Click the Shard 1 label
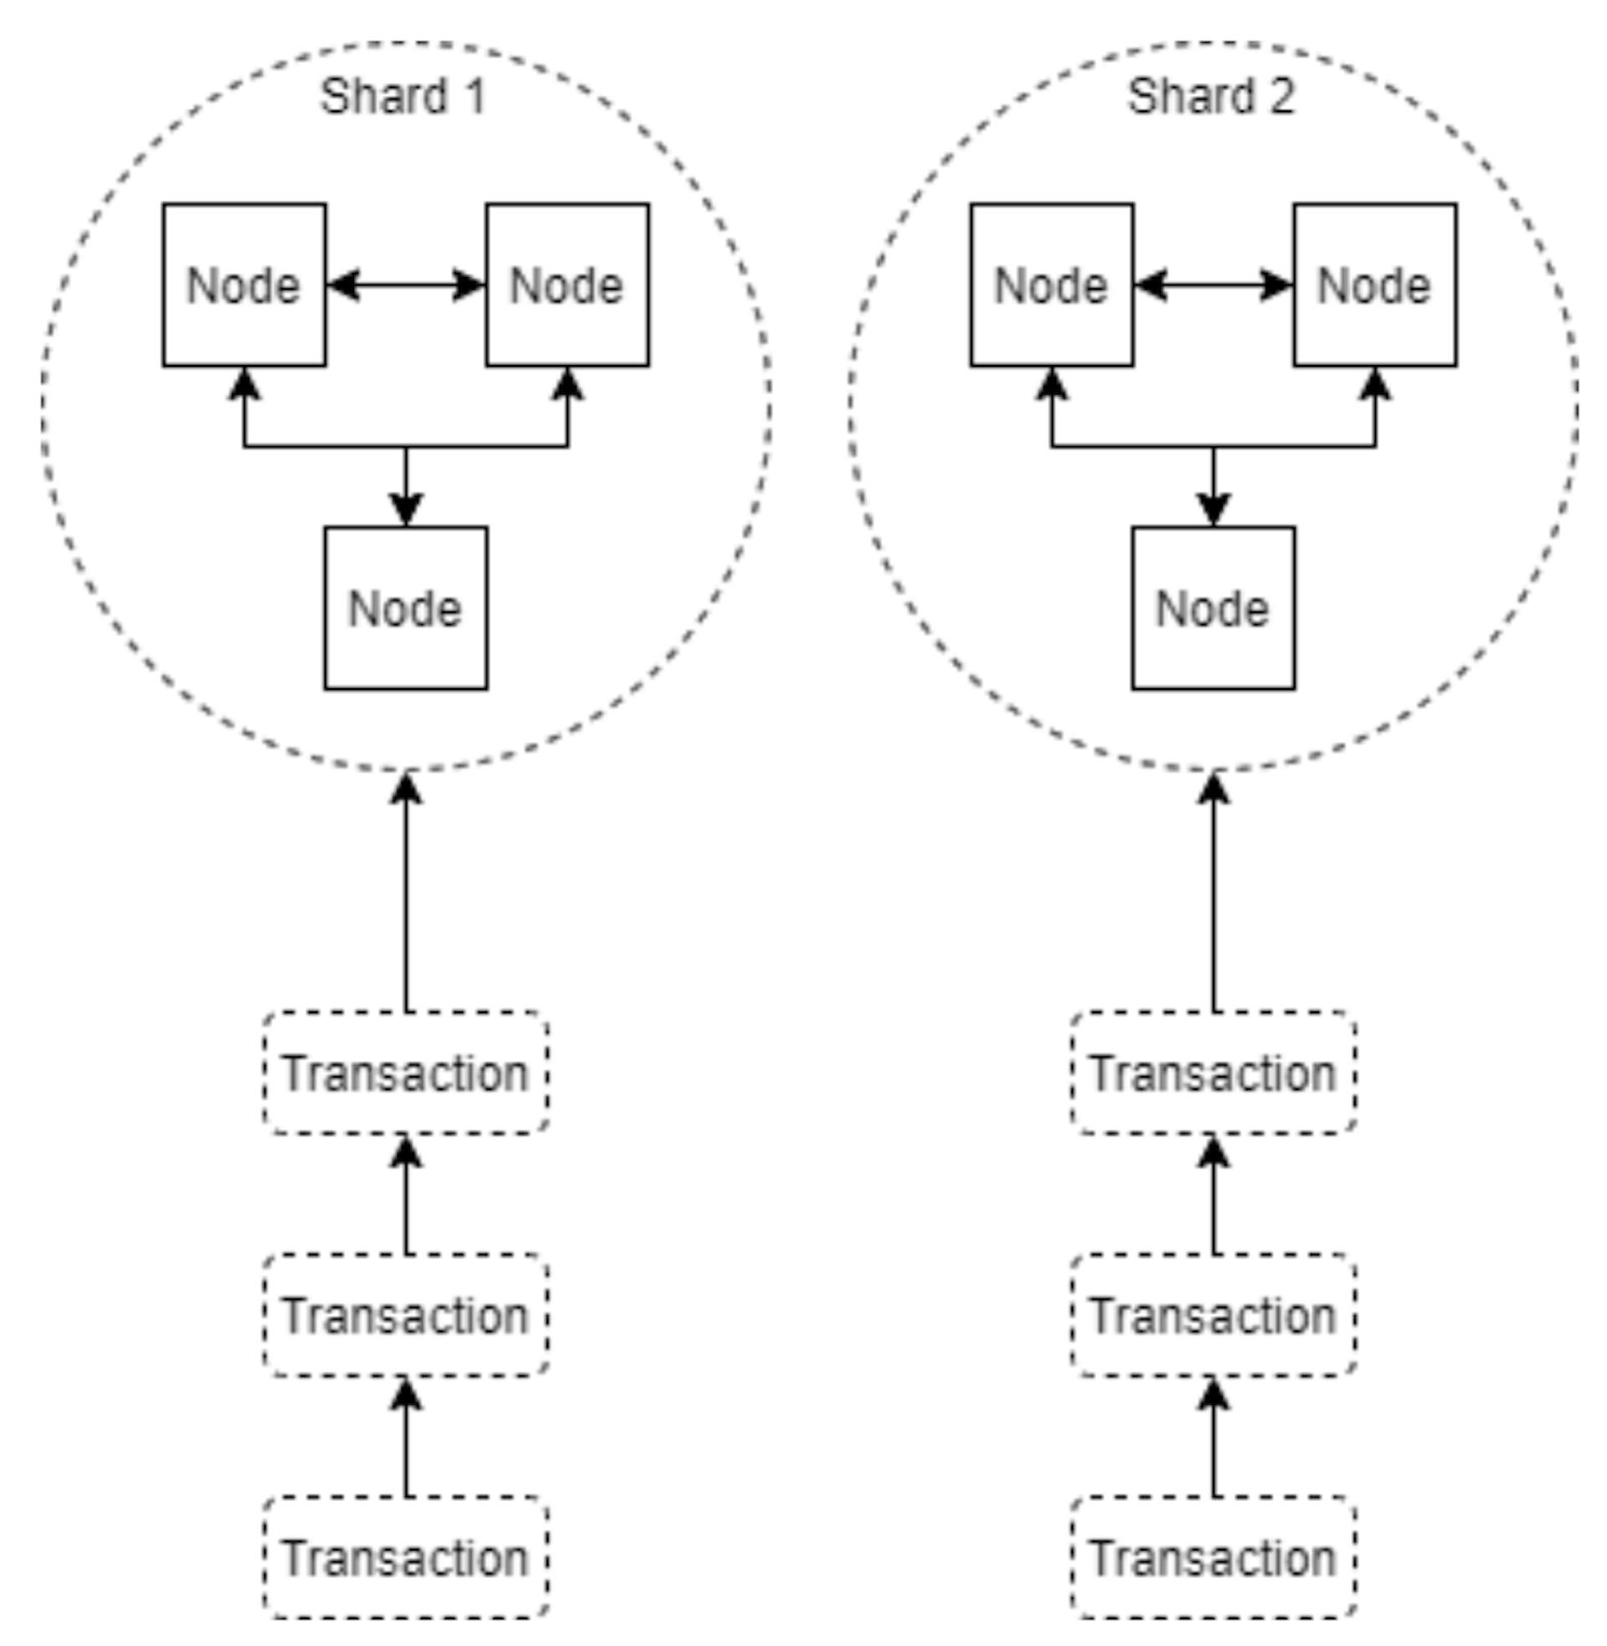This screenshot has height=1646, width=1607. coord(403,96)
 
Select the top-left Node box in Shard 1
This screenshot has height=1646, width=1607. coord(244,285)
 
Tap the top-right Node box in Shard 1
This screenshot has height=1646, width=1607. coord(567,285)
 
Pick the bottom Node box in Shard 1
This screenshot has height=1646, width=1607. coord(406,609)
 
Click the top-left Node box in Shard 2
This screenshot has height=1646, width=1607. coord(1051,285)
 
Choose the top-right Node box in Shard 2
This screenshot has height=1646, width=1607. coord(1375,285)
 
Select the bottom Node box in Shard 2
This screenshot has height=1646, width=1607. coord(1213,609)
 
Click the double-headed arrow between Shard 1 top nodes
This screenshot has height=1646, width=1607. coord(406,285)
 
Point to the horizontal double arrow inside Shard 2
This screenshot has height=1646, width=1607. coord(1213,285)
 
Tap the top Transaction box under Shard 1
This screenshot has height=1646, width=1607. coord(406,1072)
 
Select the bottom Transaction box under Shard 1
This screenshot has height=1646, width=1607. coord(406,1558)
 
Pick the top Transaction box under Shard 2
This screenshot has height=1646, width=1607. coord(1214,1072)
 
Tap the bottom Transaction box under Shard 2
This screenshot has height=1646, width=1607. coord(1214,1558)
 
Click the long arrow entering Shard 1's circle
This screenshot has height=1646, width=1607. coord(406,895)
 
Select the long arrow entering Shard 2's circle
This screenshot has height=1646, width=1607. coord(1214,895)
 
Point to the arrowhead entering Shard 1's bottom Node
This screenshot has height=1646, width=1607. coord(406,510)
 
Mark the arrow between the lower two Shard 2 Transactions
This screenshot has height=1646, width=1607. coord(1214,1438)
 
